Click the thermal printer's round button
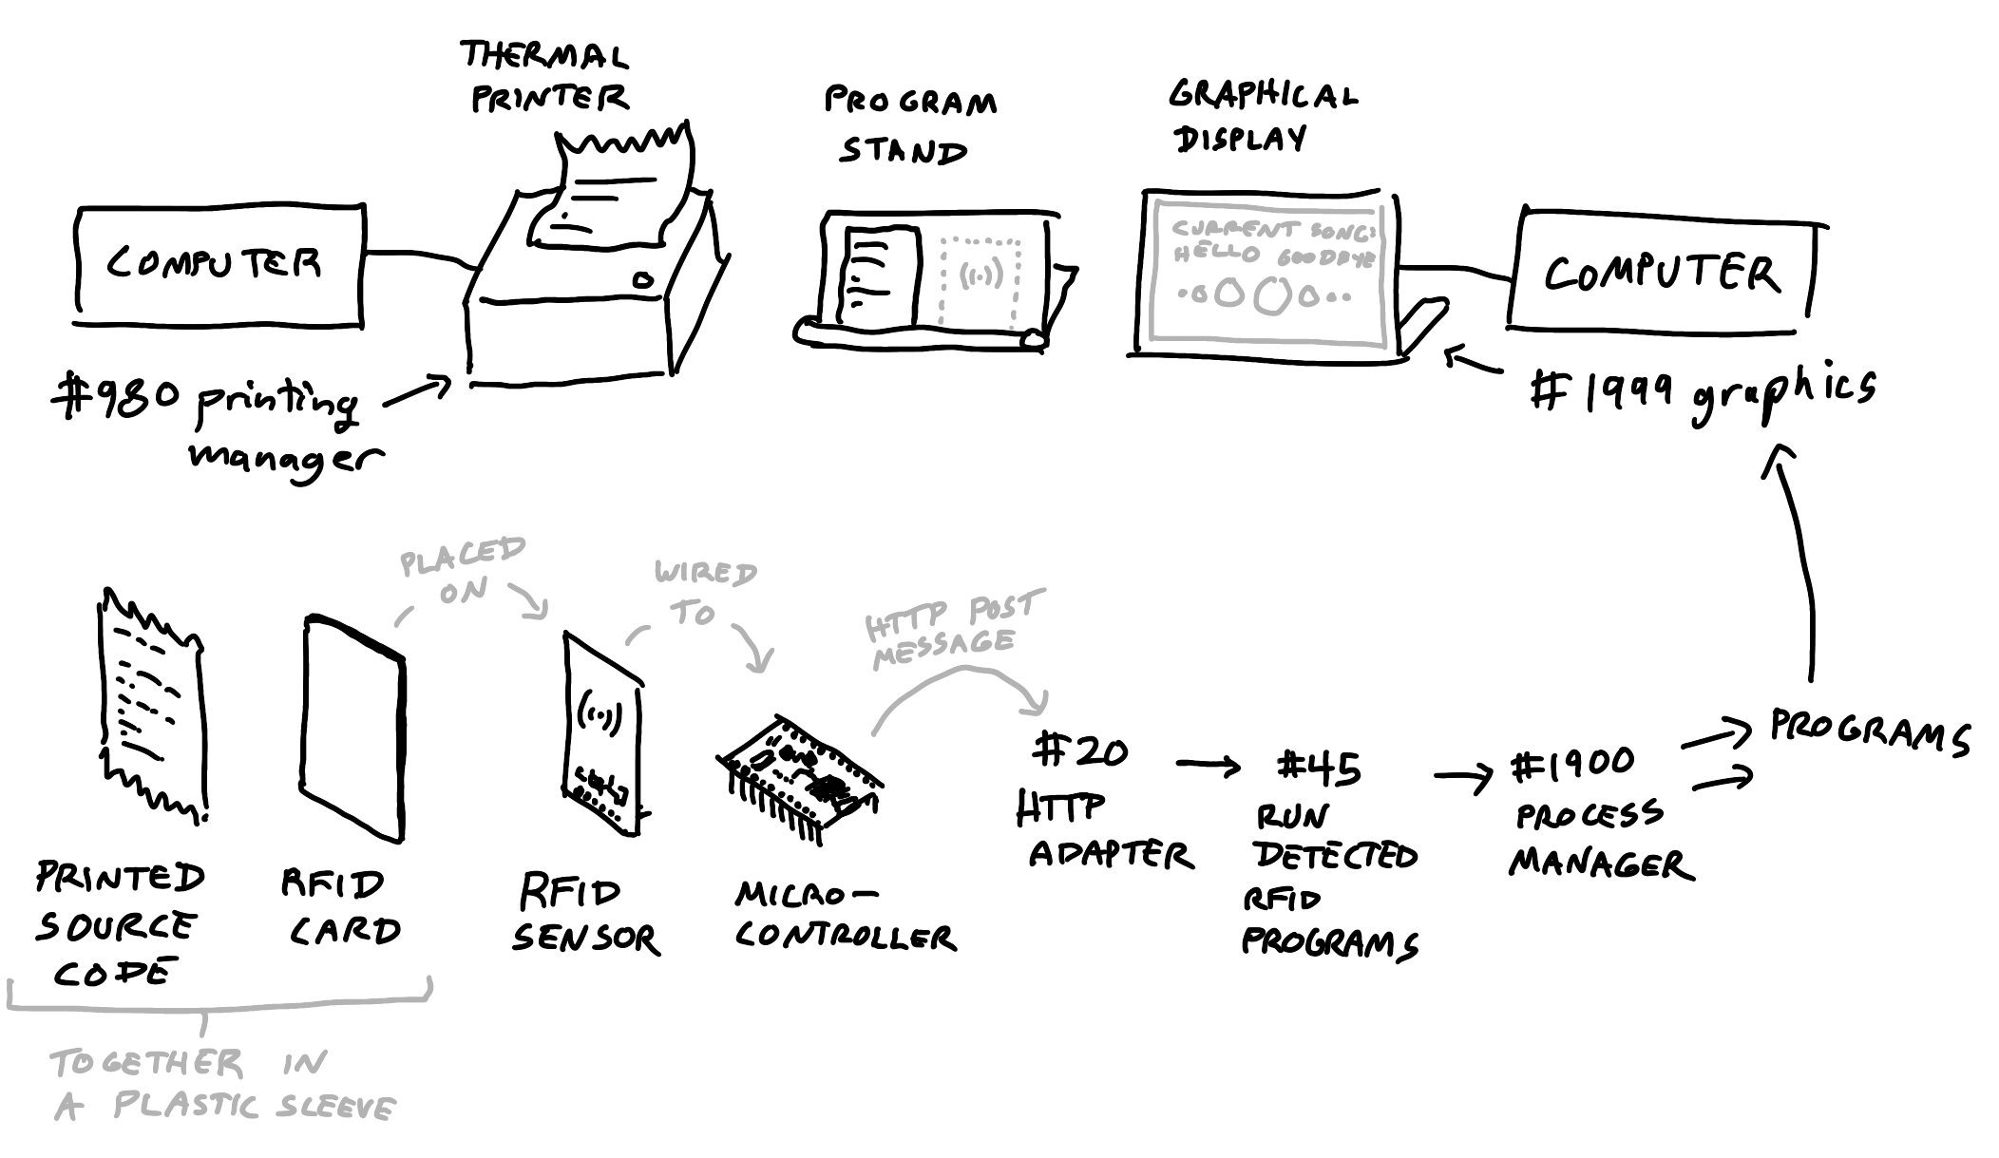point(643,280)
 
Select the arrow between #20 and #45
point(1208,765)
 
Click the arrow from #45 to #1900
point(1463,779)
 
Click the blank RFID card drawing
point(354,728)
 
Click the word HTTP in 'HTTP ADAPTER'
point(1060,808)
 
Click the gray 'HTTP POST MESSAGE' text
point(950,627)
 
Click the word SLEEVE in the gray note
point(336,1108)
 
